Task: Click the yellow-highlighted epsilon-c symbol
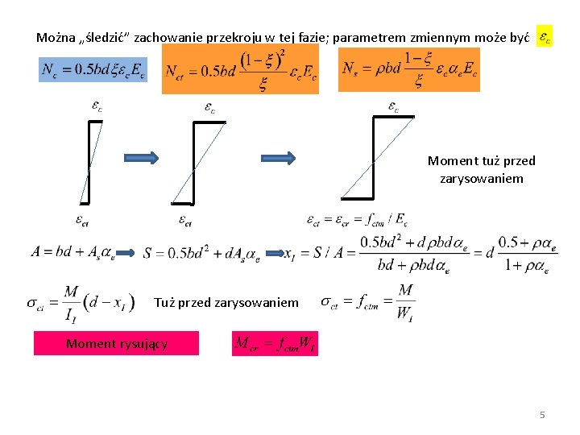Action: (x=545, y=37)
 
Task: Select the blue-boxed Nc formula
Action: (x=93, y=70)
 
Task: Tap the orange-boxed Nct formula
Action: (x=240, y=69)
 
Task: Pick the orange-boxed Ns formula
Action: (x=409, y=70)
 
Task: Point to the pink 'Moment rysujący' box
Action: (x=117, y=344)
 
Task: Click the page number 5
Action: (x=542, y=415)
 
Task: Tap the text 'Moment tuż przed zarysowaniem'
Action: (x=481, y=169)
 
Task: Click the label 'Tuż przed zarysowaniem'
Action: (x=226, y=303)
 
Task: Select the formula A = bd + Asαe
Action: (x=72, y=252)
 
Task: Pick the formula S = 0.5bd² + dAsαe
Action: (x=201, y=255)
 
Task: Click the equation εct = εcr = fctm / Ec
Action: (x=358, y=218)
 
